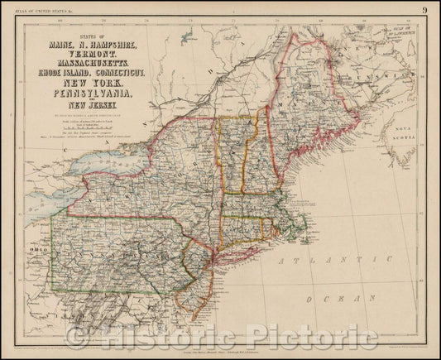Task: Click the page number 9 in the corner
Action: [424, 9]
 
